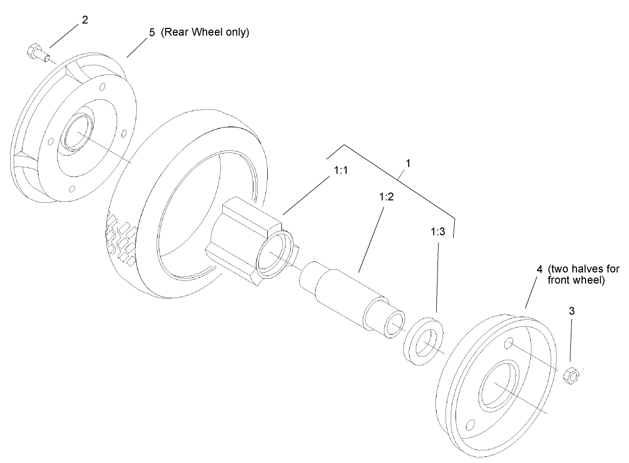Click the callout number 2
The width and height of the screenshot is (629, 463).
click(x=84, y=20)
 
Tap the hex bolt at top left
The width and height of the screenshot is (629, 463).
click(x=35, y=52)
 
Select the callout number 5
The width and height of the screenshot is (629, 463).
click(x=152, y=33)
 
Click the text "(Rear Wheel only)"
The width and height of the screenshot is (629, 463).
click(x=205, y=33)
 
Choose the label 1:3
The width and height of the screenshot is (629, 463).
click(x=438, y=231)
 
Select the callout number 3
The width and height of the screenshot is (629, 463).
click(x=572, y=311)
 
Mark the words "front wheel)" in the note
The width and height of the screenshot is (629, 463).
click(x=576, y=279)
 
